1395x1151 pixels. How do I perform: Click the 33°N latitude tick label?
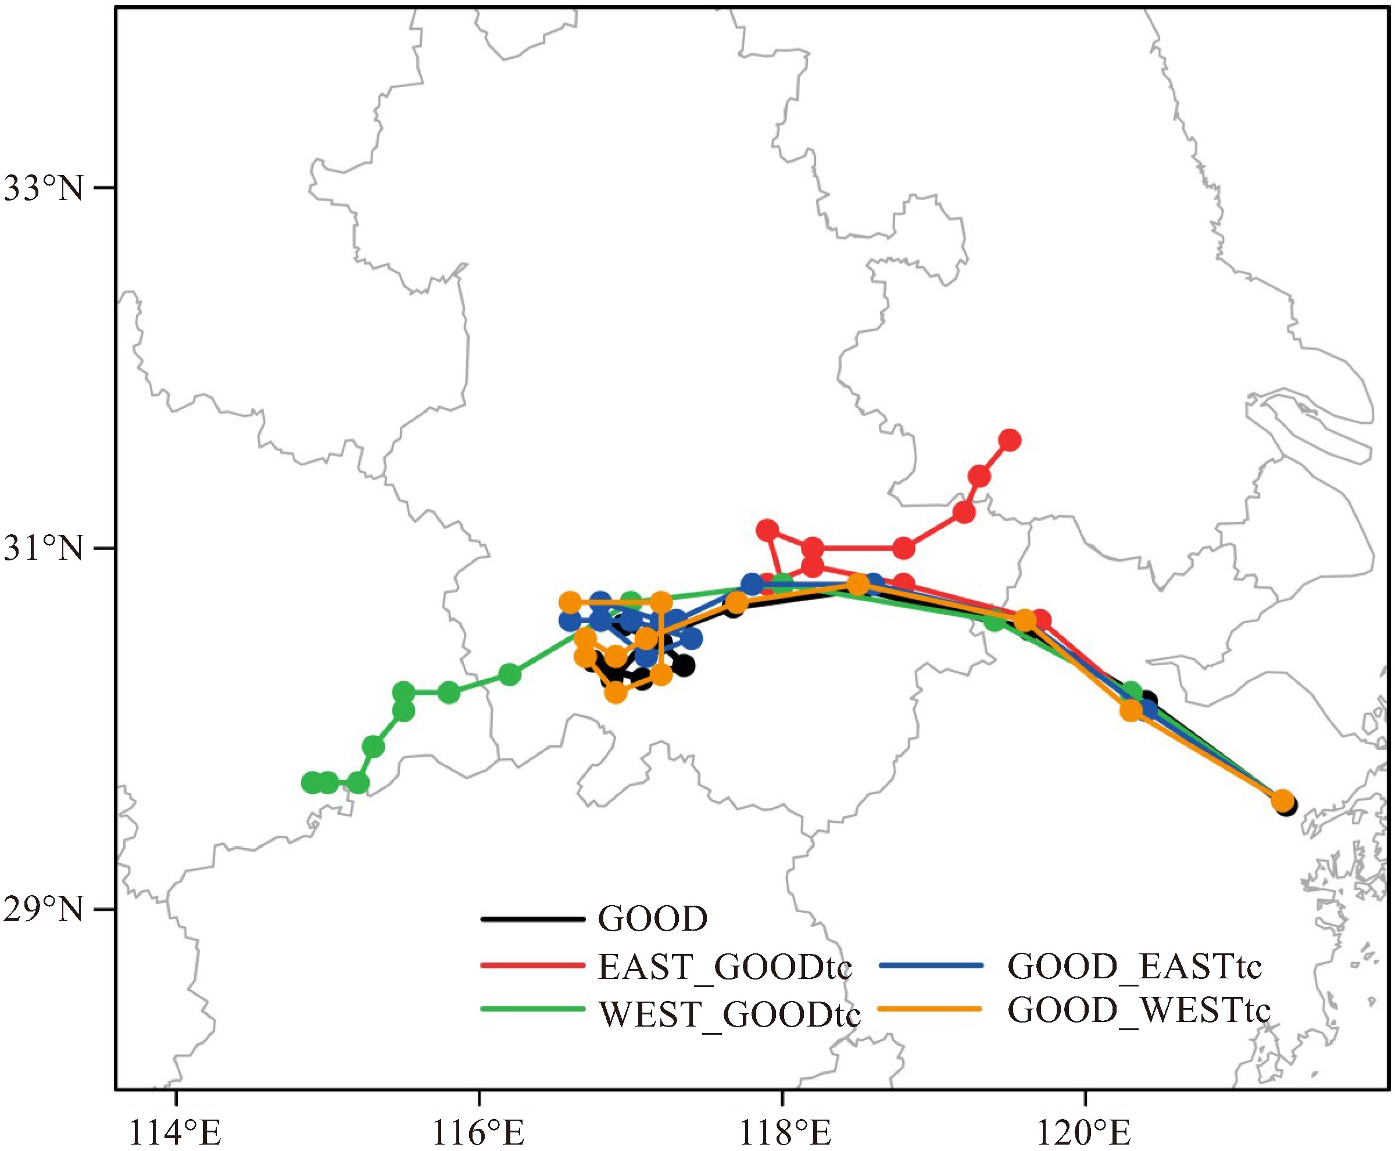[44, 189]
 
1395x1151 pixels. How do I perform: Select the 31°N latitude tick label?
[44, 549]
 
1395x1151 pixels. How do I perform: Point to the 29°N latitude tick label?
[44, 909]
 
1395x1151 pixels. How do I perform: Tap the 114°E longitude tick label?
[176, 1131]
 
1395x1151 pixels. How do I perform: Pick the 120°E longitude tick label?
[1085, 1131]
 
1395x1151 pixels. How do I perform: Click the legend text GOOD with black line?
[653, 920]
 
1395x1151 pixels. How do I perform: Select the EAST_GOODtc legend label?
[725, 967]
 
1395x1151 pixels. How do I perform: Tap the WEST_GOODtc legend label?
[729, 1014]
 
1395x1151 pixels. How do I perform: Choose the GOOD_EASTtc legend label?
[1135, 967]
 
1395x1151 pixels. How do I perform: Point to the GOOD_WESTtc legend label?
[1139, 1010]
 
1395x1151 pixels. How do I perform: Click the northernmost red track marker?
[1010, 440]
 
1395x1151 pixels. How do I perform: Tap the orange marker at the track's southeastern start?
[1282, 800]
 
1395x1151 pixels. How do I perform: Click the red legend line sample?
[532, 966]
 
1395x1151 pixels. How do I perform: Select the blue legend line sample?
[929, 966]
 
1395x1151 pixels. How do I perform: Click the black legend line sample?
[532, 920]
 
